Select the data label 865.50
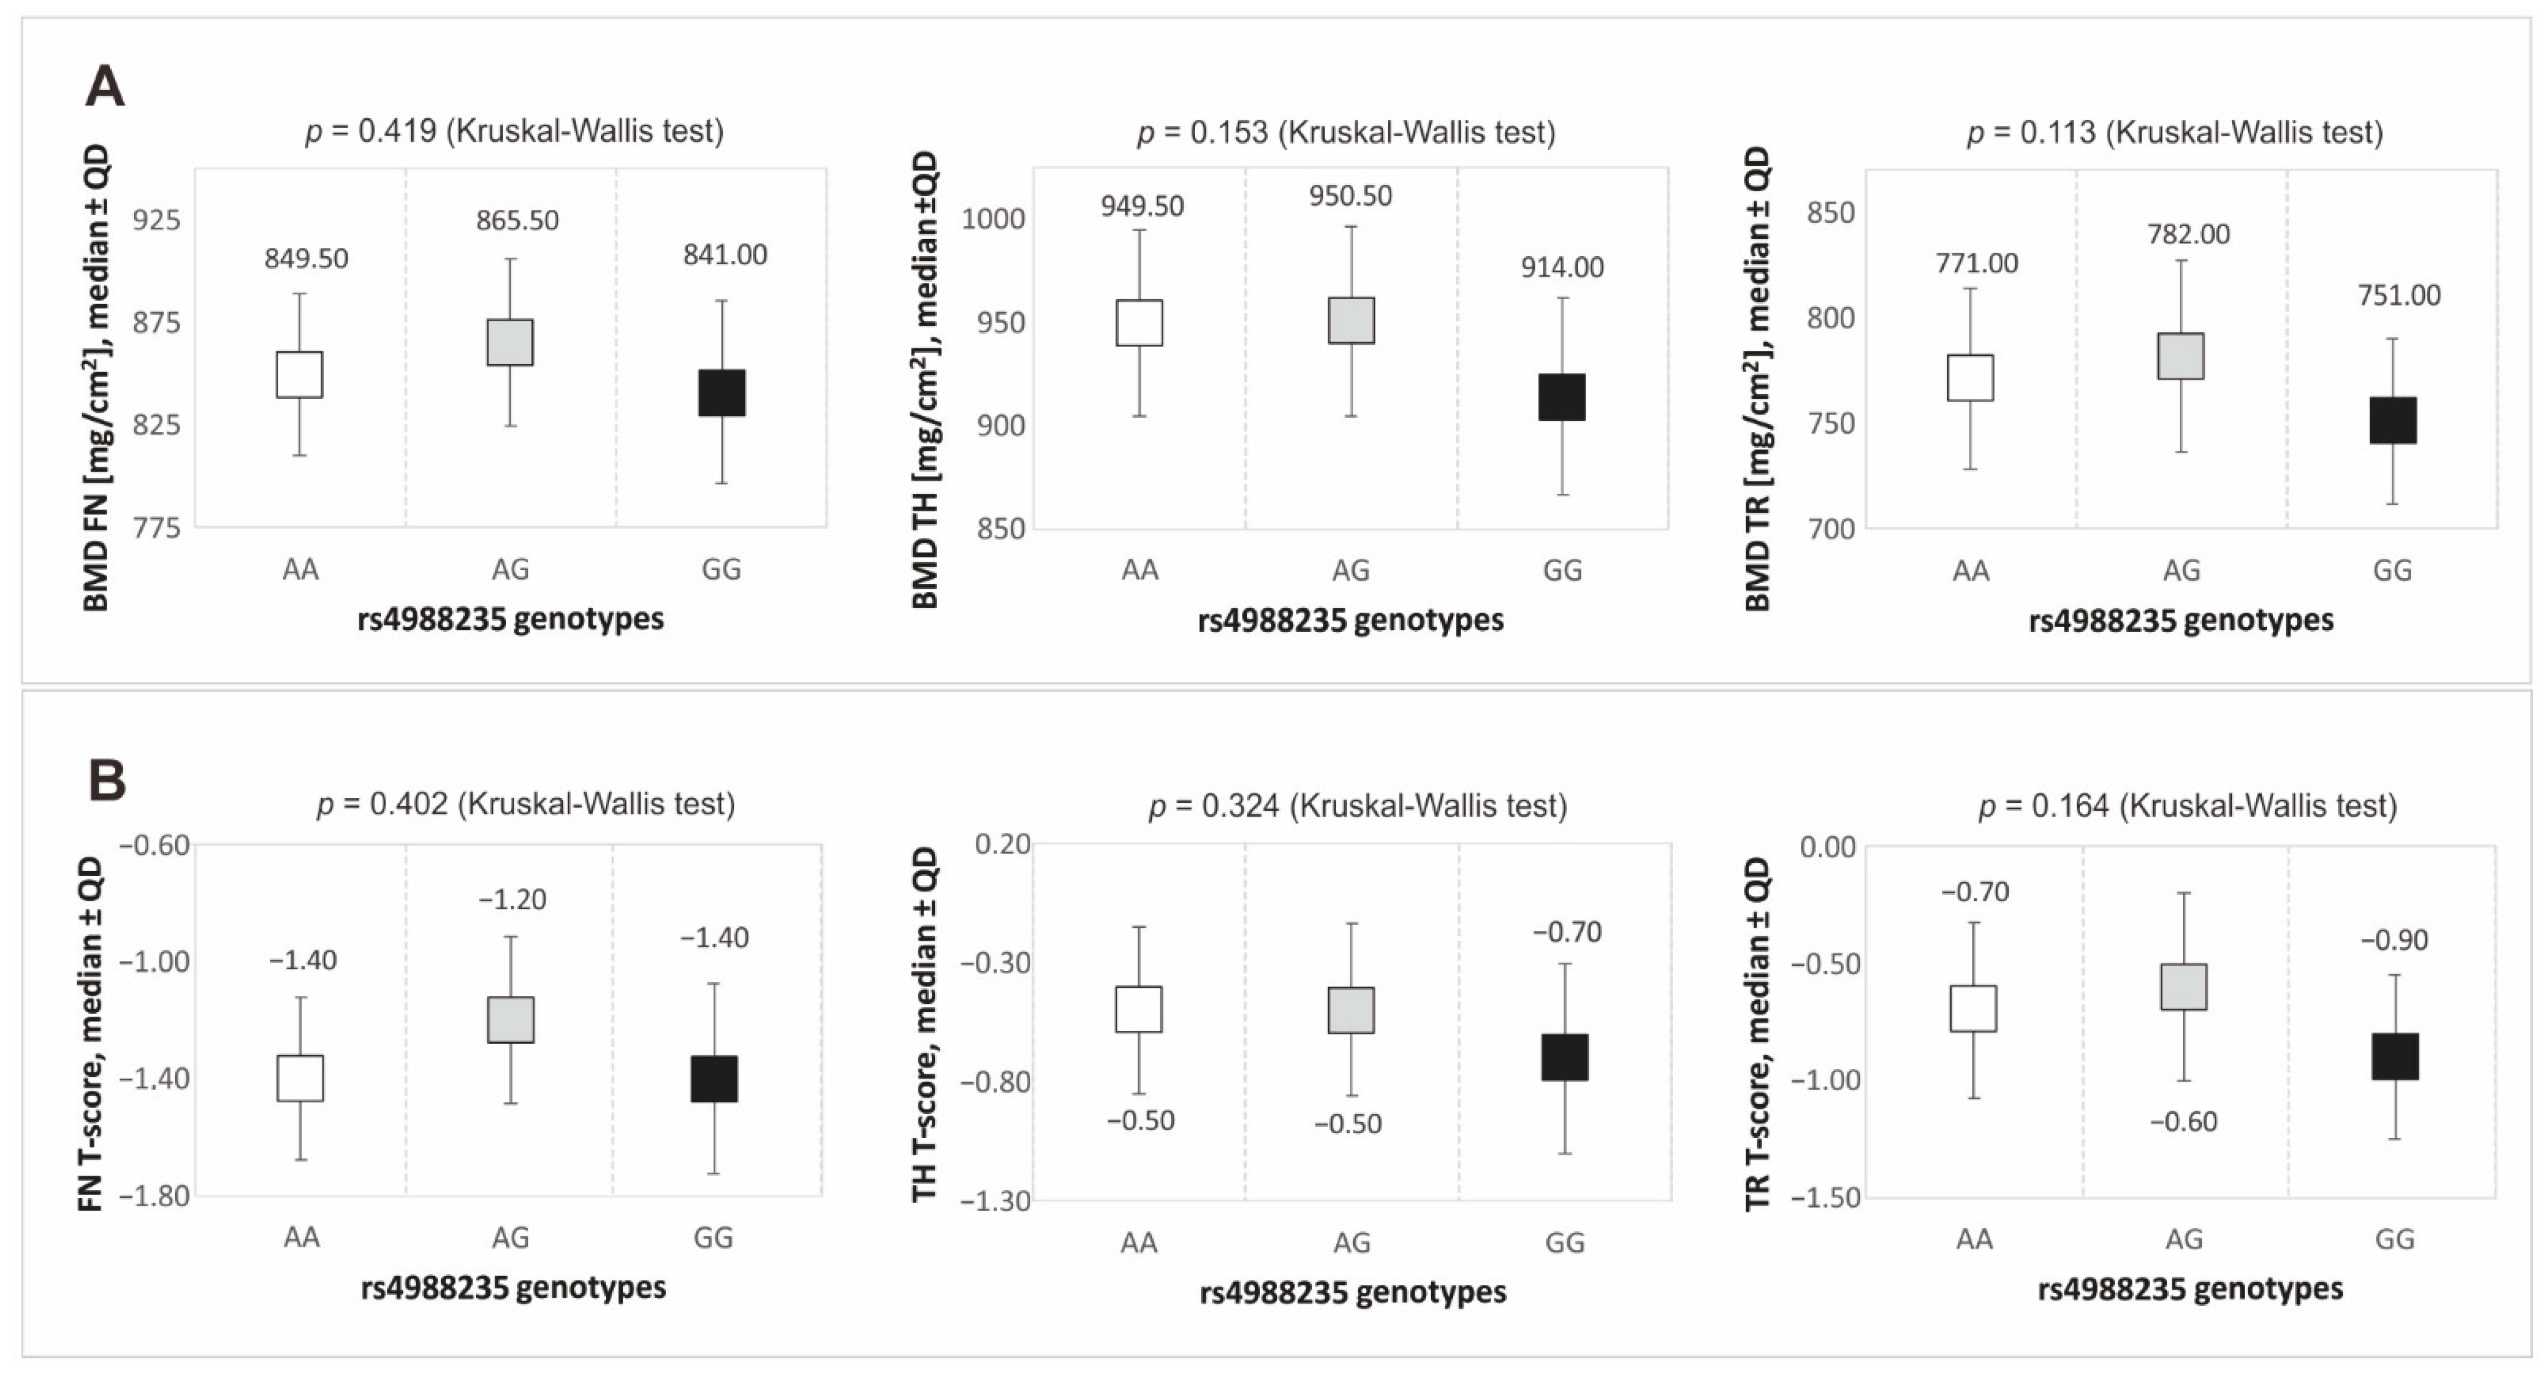(517, 220)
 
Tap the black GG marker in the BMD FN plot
(722, 393)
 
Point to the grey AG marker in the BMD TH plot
(1351, 321)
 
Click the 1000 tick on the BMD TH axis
(993, 219)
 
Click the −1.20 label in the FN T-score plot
(512, 899)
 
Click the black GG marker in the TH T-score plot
(1565, 1057)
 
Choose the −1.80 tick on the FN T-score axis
(154, 1196)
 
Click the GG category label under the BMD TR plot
(2393, 570)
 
